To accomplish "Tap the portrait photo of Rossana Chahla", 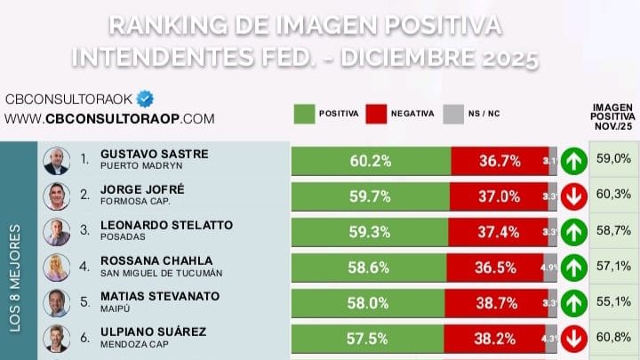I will coord(57,267).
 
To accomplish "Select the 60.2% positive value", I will coord(370,161).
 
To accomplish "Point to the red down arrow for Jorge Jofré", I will coord(573,196).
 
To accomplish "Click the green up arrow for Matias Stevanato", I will coord(573,302).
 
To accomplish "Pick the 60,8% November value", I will coord(612,337).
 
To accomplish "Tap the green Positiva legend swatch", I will coord(305,114).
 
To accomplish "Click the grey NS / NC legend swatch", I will coord(453,114).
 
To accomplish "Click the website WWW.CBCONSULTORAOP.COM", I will coord(110,118).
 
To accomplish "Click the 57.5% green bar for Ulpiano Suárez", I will coord(370,338).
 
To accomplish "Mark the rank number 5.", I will coord(84,302).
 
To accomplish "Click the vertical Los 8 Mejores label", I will coord(15,277).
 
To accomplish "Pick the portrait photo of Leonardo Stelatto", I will coord(57,232).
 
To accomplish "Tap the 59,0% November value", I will coord(612,159).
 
